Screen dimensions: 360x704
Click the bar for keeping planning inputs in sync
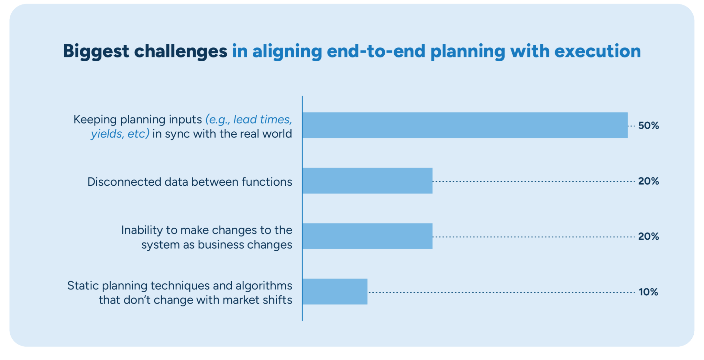coord(465,125)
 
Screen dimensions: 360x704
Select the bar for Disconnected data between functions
coord(367,181)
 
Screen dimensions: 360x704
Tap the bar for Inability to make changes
coord(367,236)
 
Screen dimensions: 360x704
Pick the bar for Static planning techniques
coord(335,291)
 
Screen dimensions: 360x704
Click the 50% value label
coord(648,126)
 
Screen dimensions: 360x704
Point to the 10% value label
coord(648,292)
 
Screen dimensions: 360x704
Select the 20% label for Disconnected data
coord(648,181)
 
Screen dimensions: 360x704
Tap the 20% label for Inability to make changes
coord(648,236)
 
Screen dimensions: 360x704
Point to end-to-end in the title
coord(376,51)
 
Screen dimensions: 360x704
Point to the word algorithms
coord(264,286)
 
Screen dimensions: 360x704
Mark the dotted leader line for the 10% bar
coord(501,292)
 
